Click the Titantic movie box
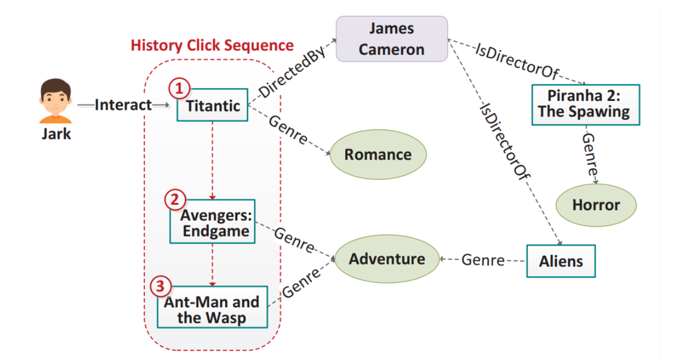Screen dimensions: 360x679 (212, 105)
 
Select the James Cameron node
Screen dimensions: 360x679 (391, 38)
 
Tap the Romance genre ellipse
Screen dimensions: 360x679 (378, 154)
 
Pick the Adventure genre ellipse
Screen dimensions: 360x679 (387, 259)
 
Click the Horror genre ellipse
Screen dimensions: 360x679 (596, 205)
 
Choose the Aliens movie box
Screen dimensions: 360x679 (560, 261)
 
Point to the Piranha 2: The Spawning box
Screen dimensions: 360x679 (585, 104)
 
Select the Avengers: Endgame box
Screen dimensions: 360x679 (212, 222)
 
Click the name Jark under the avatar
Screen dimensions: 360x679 (56, 134)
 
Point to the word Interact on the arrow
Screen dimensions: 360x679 (123, 105)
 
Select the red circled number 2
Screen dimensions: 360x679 (175, 200)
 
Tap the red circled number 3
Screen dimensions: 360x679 (160, 286)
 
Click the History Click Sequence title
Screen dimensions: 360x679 (212, 45)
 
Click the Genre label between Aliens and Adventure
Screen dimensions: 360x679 (482, 260)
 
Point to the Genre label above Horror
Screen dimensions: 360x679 (590, 156)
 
